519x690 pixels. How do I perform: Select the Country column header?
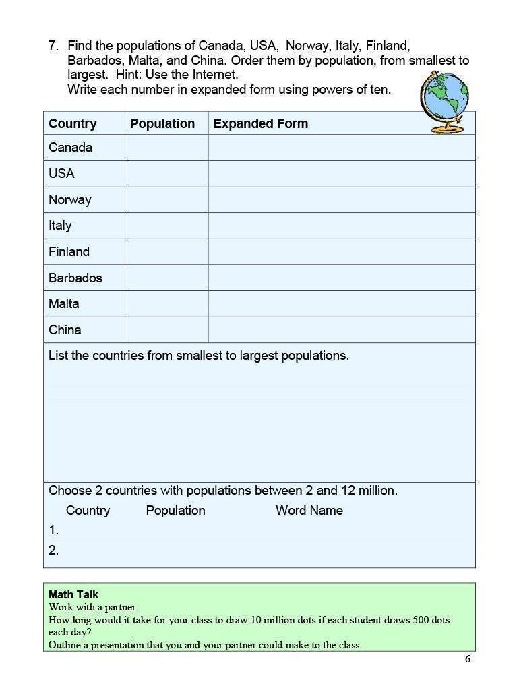click(x=73, y=123)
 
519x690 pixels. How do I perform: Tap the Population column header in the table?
click(x=162, y=123)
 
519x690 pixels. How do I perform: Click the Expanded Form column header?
click(x=261, y=123)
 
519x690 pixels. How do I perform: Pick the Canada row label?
click(x=70, y=148)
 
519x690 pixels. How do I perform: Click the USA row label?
click(x=61, y=173)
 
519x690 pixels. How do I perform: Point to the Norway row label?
click(x=69, y=199)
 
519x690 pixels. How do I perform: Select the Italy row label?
click(x=60, y=226)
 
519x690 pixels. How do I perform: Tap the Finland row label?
click(x=69, y=251)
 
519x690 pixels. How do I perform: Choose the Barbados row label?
click(x=75, y=278)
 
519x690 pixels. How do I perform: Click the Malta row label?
click(x=64, y=304)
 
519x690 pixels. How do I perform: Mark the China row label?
click(x=65, y=330)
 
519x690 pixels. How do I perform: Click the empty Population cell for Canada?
click(x=166, y=148)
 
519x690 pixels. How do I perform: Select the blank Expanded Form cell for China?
click(x=342, y=330)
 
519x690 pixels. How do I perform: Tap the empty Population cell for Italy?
click(x=166, y=226)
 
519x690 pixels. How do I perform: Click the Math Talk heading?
click(x=73, y=594)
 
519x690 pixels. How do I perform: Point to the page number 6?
click(x=468, y=659)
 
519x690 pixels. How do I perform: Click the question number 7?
click(x=54, y=46)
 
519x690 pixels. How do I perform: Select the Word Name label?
click(x=309, y=510)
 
